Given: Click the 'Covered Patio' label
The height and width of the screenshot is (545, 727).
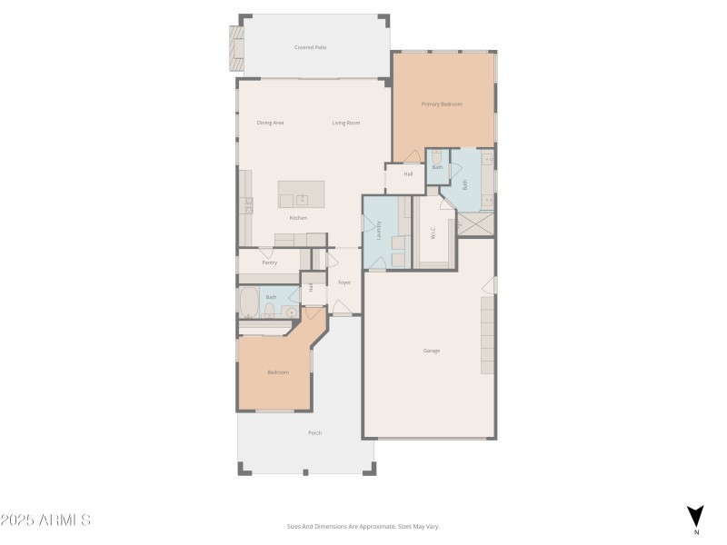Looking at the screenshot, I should (310, 47).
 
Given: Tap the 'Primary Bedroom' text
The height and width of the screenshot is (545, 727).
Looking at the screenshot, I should (442, 104).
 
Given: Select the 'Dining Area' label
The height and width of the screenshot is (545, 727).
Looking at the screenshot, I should (270, 123).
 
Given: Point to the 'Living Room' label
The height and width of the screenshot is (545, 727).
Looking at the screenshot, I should (346, 123).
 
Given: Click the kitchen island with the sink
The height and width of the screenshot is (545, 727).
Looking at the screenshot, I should (301, 194).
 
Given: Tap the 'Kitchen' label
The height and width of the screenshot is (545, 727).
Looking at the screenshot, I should (298, 218).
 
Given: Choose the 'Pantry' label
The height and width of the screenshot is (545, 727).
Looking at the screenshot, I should (269, 263).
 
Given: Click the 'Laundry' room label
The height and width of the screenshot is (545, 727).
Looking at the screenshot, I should (379, 231).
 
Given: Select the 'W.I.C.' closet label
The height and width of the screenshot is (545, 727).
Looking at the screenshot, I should (433, 233).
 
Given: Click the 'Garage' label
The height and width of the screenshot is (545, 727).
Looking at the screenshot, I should (432, 351).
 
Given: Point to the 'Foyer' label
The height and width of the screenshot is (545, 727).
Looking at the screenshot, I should (344, 282).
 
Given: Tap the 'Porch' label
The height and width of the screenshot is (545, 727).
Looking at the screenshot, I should (314, 433).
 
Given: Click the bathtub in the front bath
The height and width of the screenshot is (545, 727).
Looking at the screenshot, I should (249, 301).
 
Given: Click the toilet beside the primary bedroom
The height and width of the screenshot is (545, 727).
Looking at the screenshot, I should (437, 157).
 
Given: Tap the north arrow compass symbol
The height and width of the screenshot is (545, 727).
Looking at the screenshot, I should (695, 516).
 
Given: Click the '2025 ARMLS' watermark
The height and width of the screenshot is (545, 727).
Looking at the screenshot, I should (45, 520).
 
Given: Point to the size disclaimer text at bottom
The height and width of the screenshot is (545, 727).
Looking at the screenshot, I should (363, 526).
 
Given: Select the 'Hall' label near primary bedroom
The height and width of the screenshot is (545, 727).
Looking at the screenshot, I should (408, 173).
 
